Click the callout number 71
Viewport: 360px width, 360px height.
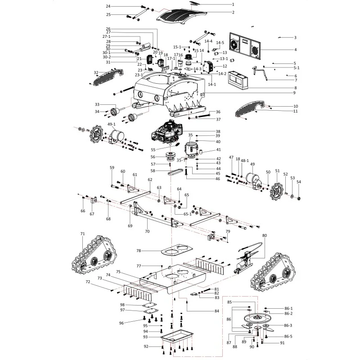pos(83,234)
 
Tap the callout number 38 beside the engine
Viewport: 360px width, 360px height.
pos(218,131)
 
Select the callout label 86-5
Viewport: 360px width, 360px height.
pos(288,336)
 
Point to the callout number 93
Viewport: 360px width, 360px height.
pos(145,337)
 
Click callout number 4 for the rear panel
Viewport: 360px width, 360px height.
pos(296,49)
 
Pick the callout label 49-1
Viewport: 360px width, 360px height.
pos(111,124)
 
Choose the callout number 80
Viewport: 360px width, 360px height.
pos(265,235)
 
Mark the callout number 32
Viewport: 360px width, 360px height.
pos(96,72)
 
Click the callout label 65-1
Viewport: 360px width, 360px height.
pos(187,214)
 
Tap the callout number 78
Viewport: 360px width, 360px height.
pos(139,251)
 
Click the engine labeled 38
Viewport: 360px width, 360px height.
pos(167,132)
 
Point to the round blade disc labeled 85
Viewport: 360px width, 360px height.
pos(256,318)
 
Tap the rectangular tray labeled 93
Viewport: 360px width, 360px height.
pos(177,336)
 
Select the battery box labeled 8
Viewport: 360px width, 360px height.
pos(238,80)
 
